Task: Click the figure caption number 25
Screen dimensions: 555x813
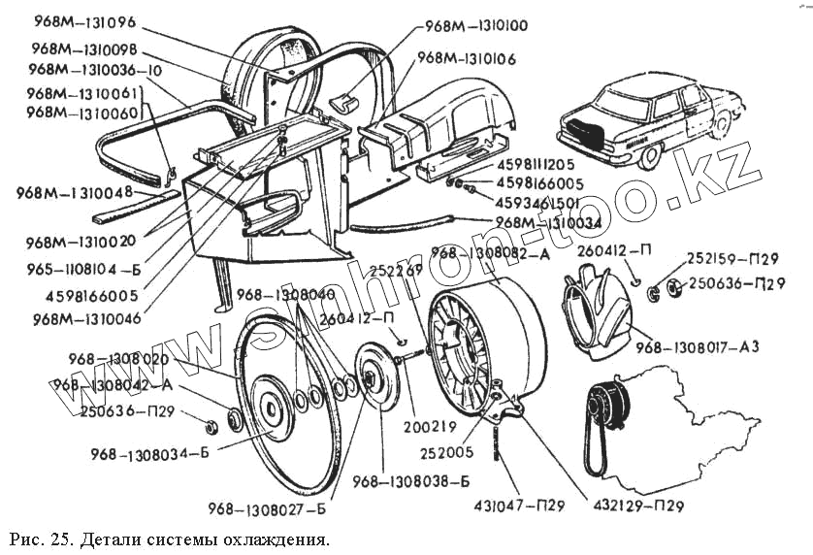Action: (x=55, y=537)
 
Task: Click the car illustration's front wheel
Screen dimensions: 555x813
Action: (x=644, y=154)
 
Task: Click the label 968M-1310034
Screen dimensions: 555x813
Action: (x=547, y=221)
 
